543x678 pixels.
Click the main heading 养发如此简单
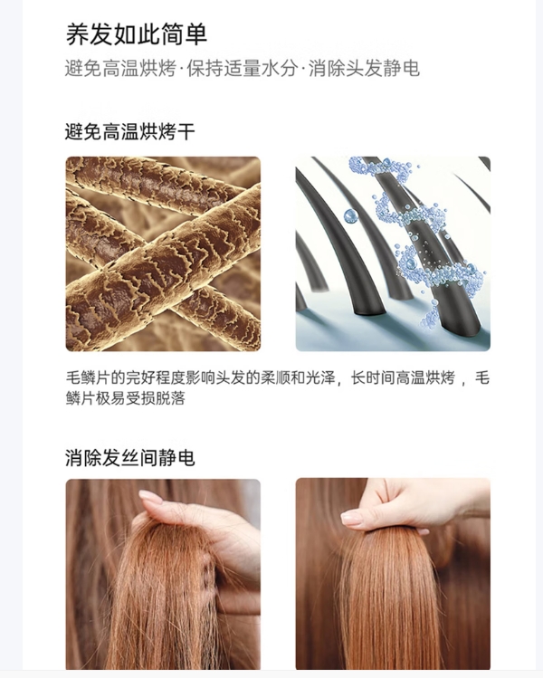(x=136, y=34)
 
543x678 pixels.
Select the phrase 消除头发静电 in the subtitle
(x=364, y=69)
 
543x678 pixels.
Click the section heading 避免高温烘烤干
(x=129, y=131)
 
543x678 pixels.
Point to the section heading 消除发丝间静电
(x=129, y=458)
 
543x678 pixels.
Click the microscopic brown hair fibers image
(x=163, y=253)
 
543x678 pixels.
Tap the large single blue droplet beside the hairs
(x=350, y=215)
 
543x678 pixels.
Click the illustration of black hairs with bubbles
(x=393, y=253)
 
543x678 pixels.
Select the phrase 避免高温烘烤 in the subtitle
(x=120, y=69)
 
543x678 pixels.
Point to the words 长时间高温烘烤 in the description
(x=403, y=377)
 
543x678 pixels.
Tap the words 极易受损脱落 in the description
(x=140, y=397)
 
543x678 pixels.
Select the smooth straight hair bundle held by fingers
(x=387, y=601)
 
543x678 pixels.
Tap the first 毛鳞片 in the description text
(x=88, y=377)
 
